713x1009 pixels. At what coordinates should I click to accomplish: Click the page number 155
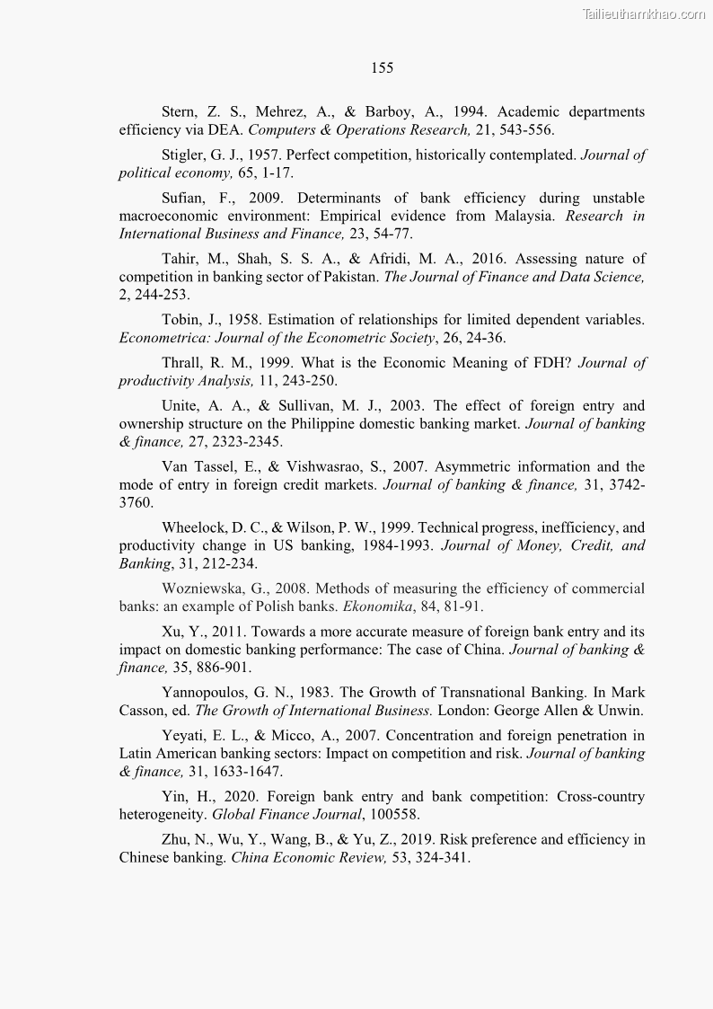382,68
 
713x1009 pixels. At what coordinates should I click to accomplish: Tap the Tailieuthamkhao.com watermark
644,13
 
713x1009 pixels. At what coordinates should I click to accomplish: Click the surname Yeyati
186,736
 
